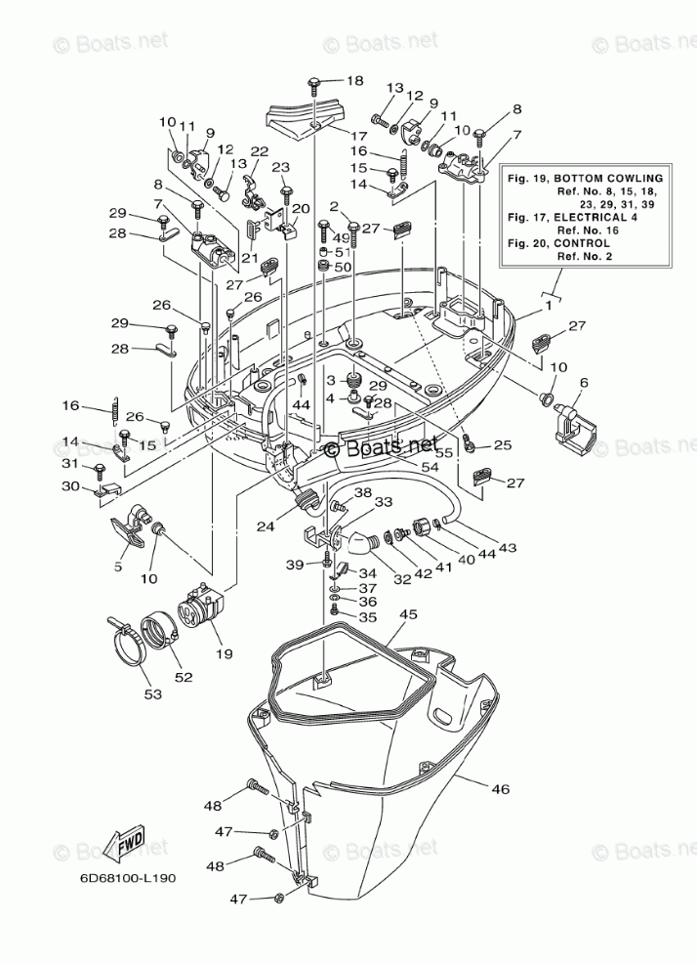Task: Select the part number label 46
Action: [x=501, y=788]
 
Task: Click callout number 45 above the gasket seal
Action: [x=408, y=614]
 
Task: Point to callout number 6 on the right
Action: [x=585, y=383]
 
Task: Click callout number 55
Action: [x=443, y=454]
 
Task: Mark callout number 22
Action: [x=259, y=151]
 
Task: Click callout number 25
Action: [x=503, y=445]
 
